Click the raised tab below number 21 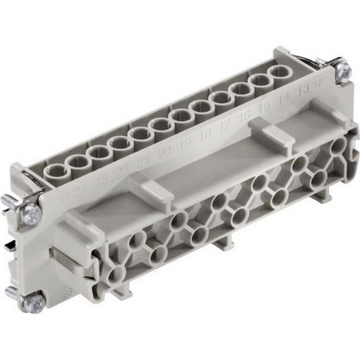153,186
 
